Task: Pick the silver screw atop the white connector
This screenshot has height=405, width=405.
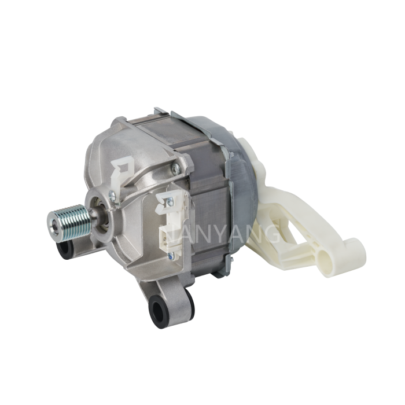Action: click(x=169, y=201)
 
